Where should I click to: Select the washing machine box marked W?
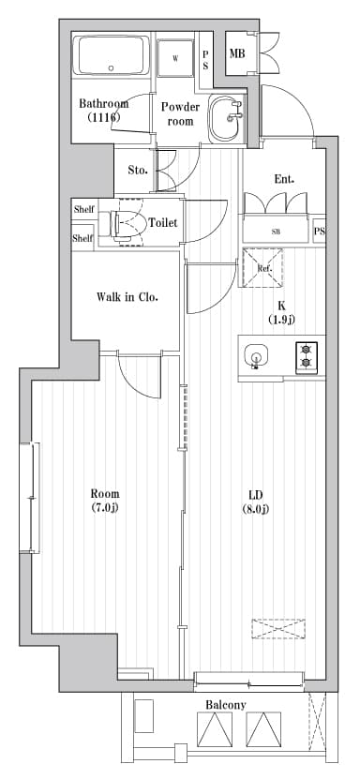coord(175,58)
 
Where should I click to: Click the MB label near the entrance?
coord(237,52)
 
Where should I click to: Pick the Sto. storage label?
coord(137,171)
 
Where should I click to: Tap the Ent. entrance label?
coord(284,178)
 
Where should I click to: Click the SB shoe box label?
coord(276,231)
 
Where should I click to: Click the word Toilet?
coord(164,223)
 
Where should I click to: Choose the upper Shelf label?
coord(83,209)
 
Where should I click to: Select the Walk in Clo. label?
coord(127,297)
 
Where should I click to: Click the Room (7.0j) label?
coord(104,502)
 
